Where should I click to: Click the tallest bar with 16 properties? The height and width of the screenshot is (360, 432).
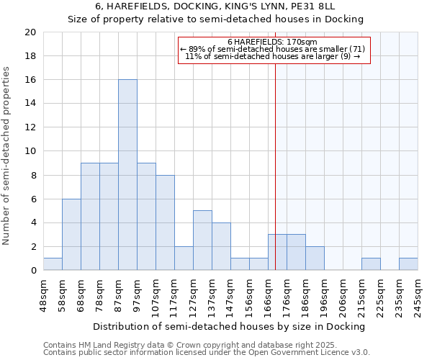point(127,175)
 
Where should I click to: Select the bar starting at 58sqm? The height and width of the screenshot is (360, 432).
point(71,235)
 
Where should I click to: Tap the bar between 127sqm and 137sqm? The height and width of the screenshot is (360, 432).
point(202,240)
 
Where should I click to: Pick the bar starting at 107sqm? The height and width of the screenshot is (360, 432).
point(165,222)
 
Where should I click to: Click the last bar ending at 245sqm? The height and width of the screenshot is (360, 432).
point(408,264)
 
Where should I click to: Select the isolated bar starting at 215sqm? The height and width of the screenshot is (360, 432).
point(371,264)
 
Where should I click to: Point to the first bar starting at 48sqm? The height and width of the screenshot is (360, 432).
point(53,264)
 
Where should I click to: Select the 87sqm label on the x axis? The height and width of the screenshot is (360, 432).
point(118,294)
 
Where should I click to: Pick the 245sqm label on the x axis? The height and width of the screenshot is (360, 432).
point(418,294)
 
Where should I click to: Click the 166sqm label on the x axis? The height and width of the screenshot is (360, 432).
point(268,294)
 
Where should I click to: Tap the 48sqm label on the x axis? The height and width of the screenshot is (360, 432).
point(43,294)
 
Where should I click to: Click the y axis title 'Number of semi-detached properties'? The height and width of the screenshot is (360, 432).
point(7,156)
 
